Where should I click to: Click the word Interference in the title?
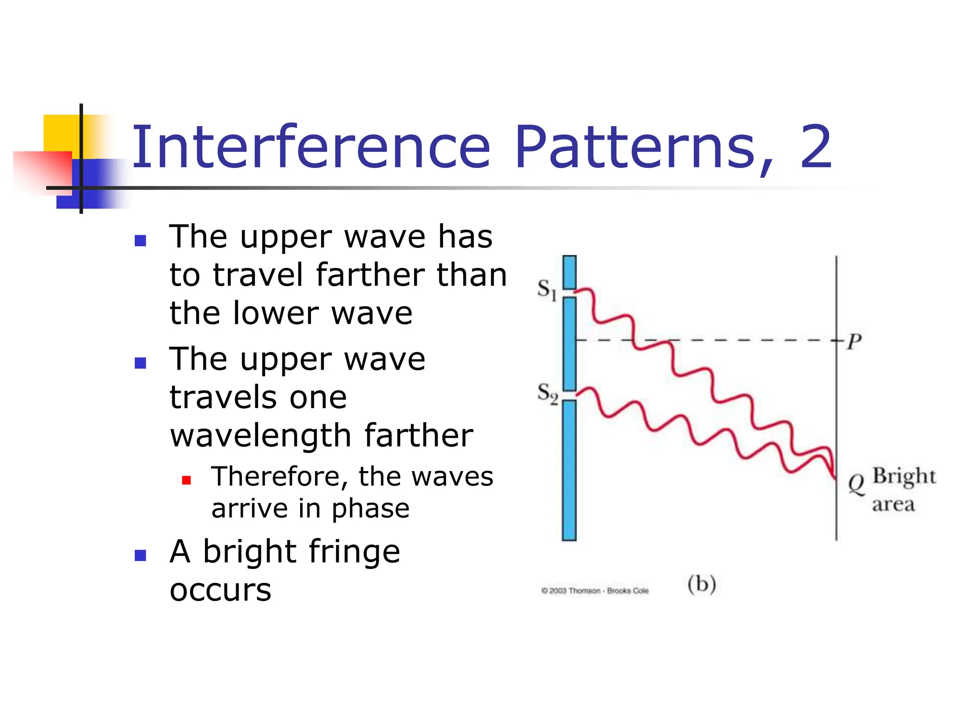pyautogui.click(x=310, y=148)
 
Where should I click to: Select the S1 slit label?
pyautogui.click(x=547, y=289)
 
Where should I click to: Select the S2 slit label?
pyautogui.click(x=547, y=394)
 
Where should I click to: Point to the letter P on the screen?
pyautogui.click(x=854, y=342)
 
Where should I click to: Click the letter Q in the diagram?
pyautogui.click(x=856, y=484)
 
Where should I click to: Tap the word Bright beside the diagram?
pyautogui.click(x=904, y=476)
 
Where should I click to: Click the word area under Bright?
pyautogui.click(x=893, y=504)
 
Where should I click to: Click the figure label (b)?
pyautogui.click(x=702, y=584)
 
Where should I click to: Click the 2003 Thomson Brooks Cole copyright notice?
pyautogui.click(x=595, y=591)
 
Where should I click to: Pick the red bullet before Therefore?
pyautogui.click(x=187, y=480)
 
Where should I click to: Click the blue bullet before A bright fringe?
pyautogui.click(x=141, y=555)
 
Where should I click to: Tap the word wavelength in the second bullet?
pyautogui.click(x=260, y=436)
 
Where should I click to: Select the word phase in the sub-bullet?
pyautogui.click(x=371, y=508)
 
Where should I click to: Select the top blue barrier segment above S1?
pyautogui.click(x=569, y=272)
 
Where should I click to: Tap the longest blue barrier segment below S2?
pyautogui.click(x=569, y=470)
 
